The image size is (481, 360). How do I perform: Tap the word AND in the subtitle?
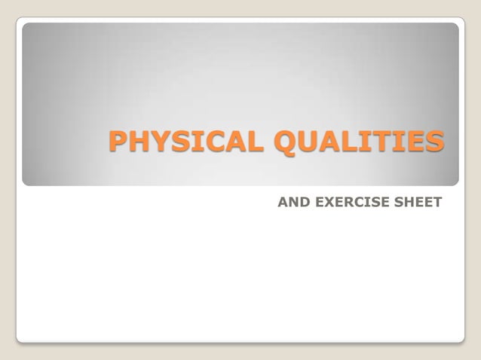tap(290, 202)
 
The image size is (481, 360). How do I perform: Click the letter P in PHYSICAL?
tap(118, 141)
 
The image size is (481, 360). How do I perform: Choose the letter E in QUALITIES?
tap(417, 141)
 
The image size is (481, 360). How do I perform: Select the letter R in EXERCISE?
tap(343, 202)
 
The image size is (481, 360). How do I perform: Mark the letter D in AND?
tap(299, 202)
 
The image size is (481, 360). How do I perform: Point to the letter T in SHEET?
tap(437, 202)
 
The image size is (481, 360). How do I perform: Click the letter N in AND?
tap(290, 202)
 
